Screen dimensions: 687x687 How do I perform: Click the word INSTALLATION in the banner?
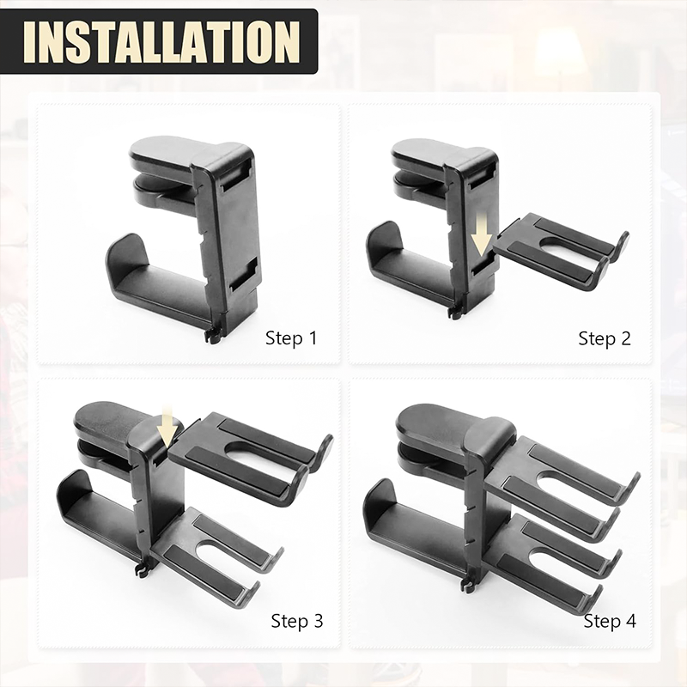coord(161,41)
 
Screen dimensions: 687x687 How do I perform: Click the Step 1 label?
coord(291,338)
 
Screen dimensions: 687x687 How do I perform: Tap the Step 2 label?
coord(605,338)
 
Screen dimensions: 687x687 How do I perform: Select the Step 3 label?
coord(297,621)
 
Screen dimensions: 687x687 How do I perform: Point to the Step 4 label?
coord(610,621)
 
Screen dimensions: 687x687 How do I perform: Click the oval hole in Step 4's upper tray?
coord(569,482)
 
